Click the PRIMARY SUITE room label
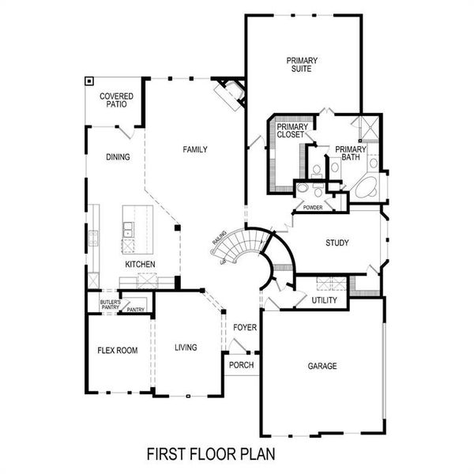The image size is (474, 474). pyautogui.click(x=299, y=64)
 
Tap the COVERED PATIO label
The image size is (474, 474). pyautogui.click(x=116, y=100)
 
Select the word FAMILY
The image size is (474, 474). pyautogui.click(x=195, y=149)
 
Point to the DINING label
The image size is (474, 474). pyautogui.click(x=118, y=157)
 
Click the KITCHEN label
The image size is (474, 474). pyautogui.click(x=140, y=264)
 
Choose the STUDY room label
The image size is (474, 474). pyautogui.click(x=337, y=243)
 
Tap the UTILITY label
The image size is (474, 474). pyautogui.click(x=324, y=301)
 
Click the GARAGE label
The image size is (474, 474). pyautogui.click(x=322, y=367)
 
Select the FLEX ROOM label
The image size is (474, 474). pyautogui.click(x=118, y=350)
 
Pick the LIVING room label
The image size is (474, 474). pyautogui.click(x=186, y=348)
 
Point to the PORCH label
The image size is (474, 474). pyautogui.click(x=240, y=365)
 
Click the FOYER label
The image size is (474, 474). pyautogui.click(x=243, y=326)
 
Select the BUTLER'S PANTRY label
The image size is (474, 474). pyautogui.click(x=110, y=305)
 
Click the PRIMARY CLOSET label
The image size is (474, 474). pyautogui.click(x=292, y=131)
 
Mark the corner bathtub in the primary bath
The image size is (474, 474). pyautogui.click(x=365, y=188)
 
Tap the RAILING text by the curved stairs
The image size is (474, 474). pyautogui.click(x=219, y=238)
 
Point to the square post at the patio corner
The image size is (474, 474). pyautogui.click(x=90, y=81)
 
